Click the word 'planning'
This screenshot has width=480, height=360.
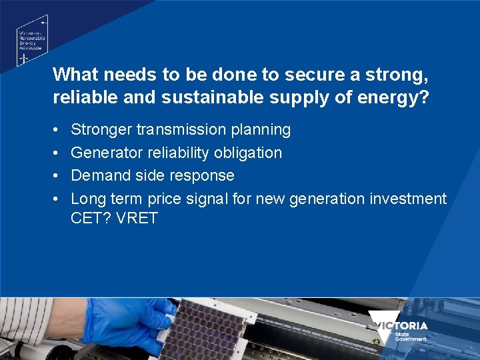[262, 129]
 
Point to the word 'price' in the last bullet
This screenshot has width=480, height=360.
[168, 199]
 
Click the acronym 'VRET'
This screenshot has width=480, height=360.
[136, 218]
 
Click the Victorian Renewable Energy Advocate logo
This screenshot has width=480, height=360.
[31, 41]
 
